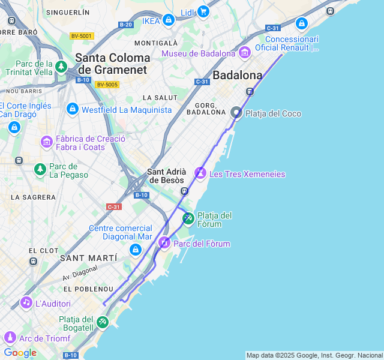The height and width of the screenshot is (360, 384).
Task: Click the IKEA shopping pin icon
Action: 169,20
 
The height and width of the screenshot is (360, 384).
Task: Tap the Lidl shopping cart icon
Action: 203,11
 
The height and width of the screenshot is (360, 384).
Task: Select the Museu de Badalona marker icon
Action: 244,53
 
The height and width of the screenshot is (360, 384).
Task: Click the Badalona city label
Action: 238,75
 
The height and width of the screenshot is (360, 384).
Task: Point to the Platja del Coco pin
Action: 236,113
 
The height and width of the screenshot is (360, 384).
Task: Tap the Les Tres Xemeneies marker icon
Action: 200,173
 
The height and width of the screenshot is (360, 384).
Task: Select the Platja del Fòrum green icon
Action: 188,218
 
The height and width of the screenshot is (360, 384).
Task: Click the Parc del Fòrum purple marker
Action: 164,243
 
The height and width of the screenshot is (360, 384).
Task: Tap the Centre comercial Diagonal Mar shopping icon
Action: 135,250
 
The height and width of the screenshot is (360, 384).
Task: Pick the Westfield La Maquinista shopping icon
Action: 73,109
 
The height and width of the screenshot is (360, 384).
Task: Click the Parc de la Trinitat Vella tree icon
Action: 61,66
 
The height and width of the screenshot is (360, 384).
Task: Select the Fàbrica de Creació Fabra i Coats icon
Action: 47,142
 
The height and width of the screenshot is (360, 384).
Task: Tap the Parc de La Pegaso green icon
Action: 40,170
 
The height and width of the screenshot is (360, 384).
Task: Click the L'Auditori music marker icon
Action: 26,302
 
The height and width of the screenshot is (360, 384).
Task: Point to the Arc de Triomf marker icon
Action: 9,337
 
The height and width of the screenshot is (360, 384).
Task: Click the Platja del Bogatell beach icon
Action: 103,322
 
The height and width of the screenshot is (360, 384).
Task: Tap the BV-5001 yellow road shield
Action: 82,36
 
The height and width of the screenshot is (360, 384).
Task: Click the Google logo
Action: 20,353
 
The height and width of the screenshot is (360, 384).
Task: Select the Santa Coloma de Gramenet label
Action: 113,64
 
